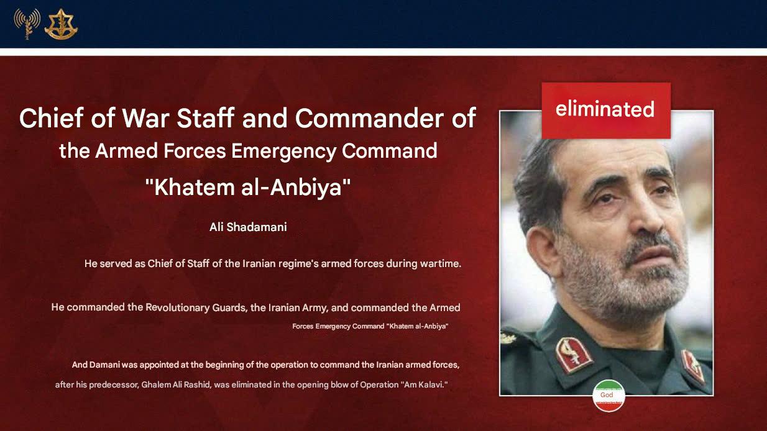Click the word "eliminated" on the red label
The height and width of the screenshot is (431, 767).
[605, 109]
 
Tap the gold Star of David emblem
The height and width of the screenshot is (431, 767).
[61, 24]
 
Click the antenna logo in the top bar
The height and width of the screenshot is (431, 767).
[27, 23]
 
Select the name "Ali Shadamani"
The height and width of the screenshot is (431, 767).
[248, 227]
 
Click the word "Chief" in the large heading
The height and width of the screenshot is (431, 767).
[52, 117]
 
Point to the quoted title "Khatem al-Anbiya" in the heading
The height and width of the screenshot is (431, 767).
[248, 187]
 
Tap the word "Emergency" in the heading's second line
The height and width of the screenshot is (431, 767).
[283, 151]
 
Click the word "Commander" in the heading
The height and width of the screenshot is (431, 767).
[369, 118]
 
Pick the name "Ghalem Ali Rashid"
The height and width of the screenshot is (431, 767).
[176, 385]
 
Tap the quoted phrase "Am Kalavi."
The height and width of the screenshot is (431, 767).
[424, 385]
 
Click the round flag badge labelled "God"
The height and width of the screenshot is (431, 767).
[609, 396]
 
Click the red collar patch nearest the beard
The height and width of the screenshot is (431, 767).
[574, 355]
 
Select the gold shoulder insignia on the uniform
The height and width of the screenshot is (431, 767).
[508, 338]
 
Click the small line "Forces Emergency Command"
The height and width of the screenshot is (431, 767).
[338, 326]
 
